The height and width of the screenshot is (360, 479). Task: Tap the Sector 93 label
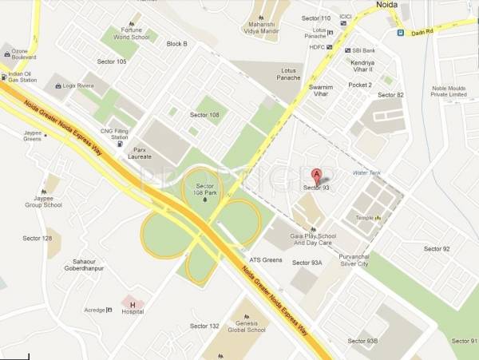tap(317, 188)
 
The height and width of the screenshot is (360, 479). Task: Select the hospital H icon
tap(133, 304)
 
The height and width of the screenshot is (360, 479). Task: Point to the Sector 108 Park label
tap(207, 189)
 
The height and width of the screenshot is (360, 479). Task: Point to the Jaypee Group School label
tap(44, 201)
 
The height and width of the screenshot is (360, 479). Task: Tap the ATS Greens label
tap(266, 259)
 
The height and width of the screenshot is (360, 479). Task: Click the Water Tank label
tap(366, 172)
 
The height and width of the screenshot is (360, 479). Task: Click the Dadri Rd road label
tap(422, 33)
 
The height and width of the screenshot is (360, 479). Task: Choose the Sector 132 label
tap(204, 326)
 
